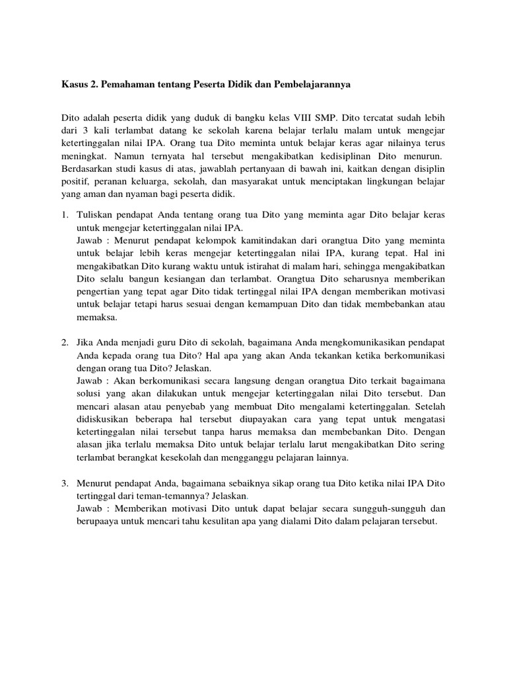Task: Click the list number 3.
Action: (x=65, y=483)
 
